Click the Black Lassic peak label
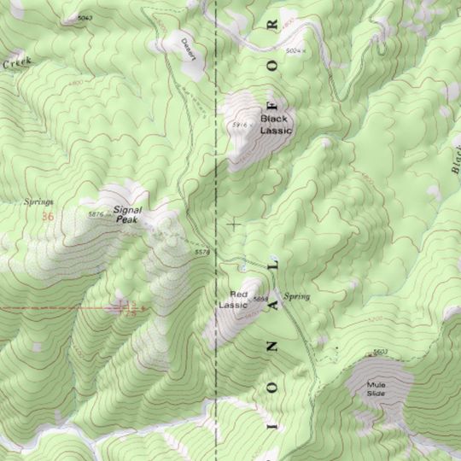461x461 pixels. (x=276, y=125)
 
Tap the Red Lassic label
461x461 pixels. (x=232, y=299)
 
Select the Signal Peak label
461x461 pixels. (x=126, y=213)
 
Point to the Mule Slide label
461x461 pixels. (x=376, y=389)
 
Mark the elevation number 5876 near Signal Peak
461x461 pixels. (x=96, y=213)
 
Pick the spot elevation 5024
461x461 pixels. (x=295, y=52)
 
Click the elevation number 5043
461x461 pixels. (x=85, y=18)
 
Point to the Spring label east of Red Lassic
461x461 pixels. (x=297, y=296)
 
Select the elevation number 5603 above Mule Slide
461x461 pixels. (x=380, y=352)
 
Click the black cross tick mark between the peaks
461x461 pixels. (x=235, y=224)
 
